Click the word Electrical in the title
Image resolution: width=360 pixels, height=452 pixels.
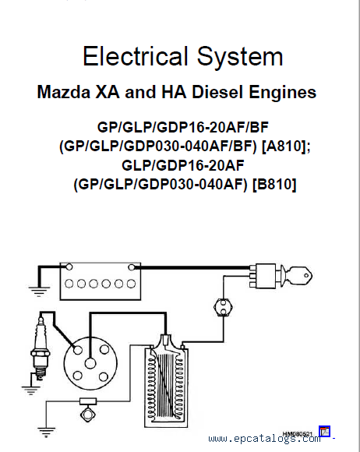(x=135, y=56)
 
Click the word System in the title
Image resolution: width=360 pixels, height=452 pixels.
(x=240, y=58)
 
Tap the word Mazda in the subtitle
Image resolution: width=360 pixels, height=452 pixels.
(x=64, y=92)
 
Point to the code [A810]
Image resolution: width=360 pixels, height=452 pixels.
(x=286, y=147)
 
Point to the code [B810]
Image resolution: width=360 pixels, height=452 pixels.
(x=274, y=184)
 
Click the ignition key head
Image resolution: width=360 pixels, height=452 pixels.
(x=300, y=276)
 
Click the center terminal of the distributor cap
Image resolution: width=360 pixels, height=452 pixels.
(x=90, y=363)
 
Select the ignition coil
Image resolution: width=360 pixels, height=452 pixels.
(x=166, y=380)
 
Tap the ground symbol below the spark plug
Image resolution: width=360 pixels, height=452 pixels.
(x=30, y=390)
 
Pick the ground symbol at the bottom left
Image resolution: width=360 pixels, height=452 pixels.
(x=46, y=433)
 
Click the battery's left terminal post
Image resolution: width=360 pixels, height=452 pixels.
(x=69, y=267)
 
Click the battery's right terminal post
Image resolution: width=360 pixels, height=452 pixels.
(x=132, y=267)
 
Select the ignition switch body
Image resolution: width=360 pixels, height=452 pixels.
(x=265, y=276)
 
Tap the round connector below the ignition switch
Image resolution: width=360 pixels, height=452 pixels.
(x=223, y=307)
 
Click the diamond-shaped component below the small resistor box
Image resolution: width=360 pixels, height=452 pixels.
(x=88, y=414)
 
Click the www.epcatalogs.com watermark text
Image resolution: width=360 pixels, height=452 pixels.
(x=264, y=439)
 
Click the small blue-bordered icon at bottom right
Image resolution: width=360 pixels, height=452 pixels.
(x=325, y=431)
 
